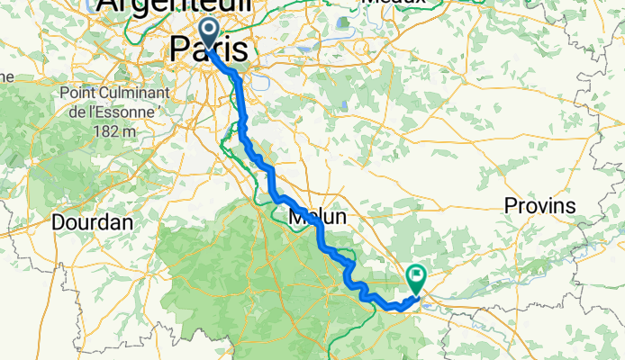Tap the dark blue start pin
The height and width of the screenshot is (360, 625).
tap(208, 34)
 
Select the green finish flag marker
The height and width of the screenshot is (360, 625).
tap(417, 278)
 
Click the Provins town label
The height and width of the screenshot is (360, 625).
tap(539, 206)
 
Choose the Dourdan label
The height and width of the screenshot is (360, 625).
tap(93, 221)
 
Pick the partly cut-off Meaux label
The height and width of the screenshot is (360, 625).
tap(389, 3)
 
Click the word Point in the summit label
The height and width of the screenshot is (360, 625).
tap(80, 94)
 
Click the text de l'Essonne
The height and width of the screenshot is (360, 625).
tap(113, 112)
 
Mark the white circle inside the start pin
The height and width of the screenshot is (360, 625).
tap(208, 30)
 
